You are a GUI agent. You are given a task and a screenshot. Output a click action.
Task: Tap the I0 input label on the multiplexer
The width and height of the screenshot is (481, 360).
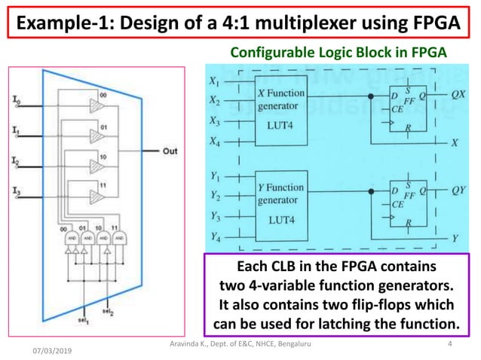coord(17,100)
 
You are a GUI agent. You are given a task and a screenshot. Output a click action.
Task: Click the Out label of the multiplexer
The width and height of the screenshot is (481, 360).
coord(170,151)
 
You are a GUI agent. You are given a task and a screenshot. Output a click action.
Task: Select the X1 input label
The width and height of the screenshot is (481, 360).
coord(215,80)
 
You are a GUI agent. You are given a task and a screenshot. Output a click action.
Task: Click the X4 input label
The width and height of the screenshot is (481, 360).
coord(215,141)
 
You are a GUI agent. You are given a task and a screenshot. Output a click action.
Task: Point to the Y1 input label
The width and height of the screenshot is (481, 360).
coord(215,177)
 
